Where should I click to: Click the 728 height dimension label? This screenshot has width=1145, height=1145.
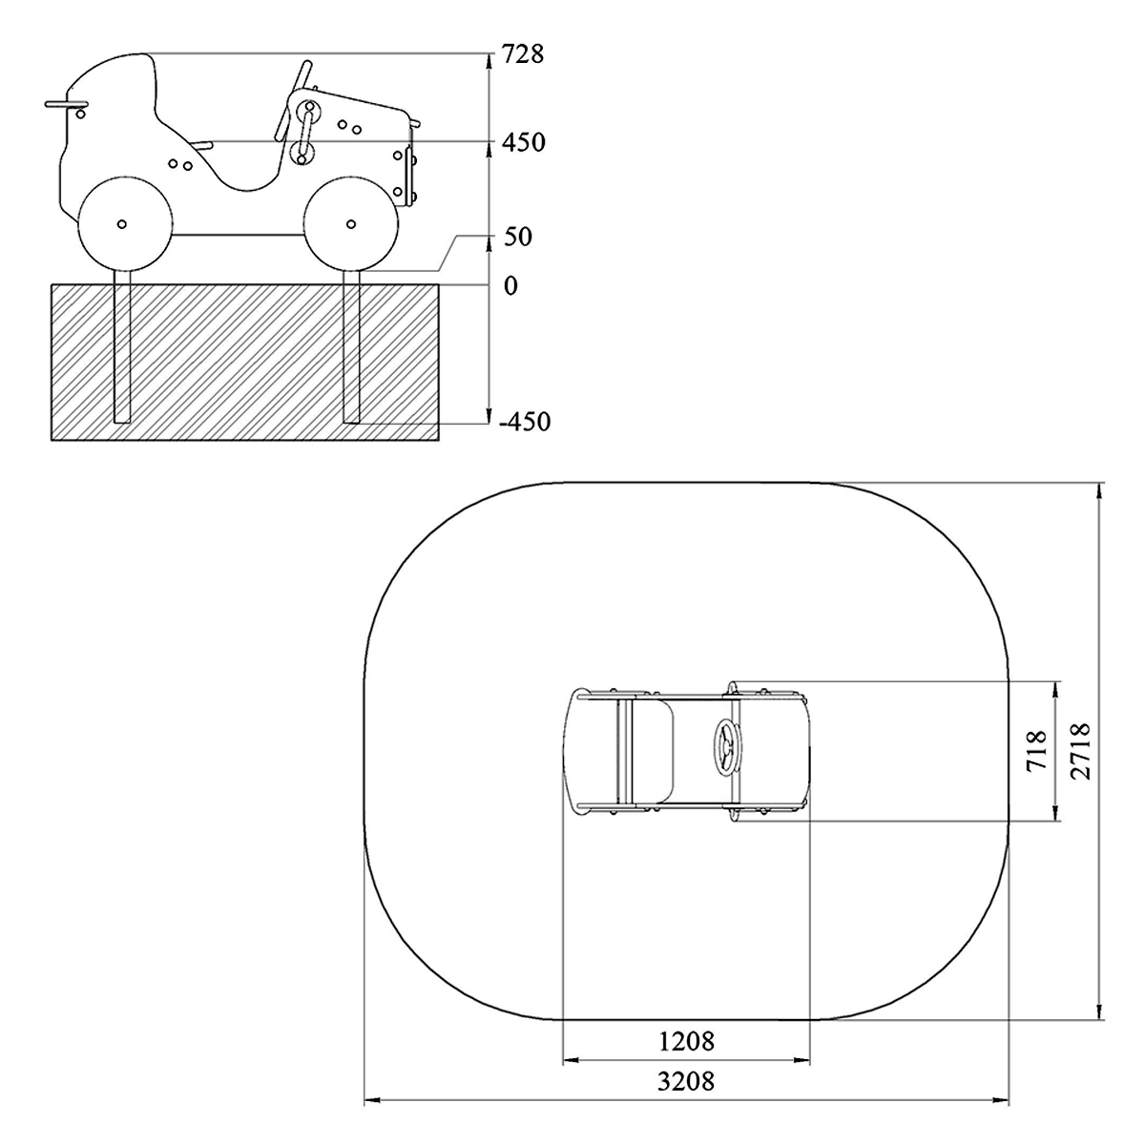(x=523, y=54)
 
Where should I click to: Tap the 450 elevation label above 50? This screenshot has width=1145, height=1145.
(x=524, y=142)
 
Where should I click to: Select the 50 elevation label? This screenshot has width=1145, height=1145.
(x=517, y=237)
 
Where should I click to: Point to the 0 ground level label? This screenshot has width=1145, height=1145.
(x=510, y=286)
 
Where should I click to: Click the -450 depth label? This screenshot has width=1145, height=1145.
(x=525, y=422)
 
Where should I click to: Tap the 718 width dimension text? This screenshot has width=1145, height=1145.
(x=1035, y=751)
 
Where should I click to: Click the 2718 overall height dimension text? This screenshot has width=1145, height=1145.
(x=1079, y=751)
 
